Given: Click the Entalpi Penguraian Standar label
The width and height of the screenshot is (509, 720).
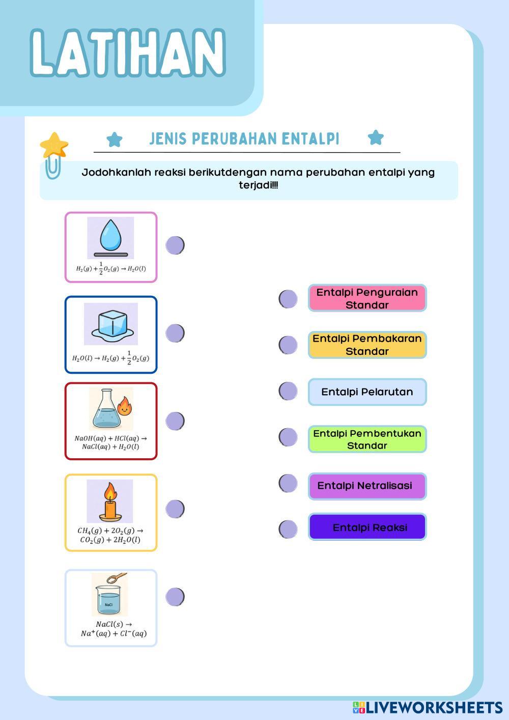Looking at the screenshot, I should pos(367,298).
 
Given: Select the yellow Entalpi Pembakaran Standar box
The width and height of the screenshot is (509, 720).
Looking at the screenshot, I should pos(367,345).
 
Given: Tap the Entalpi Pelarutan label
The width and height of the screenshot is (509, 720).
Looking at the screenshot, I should pos(367,392).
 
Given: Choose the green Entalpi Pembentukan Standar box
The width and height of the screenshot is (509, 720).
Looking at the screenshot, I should pos(367,439).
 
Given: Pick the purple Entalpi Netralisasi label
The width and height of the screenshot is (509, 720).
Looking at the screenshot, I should pos(367,486).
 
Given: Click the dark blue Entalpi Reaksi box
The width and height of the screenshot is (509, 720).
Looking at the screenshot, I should pos(367,527).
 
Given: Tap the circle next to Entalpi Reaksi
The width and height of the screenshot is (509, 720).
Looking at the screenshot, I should pos(288,529).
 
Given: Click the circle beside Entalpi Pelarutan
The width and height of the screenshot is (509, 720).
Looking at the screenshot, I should pos(288,391).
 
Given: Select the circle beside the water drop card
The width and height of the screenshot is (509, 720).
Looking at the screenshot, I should pos(175,245).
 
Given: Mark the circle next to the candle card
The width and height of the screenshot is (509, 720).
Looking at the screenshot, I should pos(175,508).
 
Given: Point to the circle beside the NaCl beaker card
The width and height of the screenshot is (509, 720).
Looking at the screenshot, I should pos(175,596).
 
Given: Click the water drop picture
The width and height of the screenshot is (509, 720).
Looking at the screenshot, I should pos(110,236).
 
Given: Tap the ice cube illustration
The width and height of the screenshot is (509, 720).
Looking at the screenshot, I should pos(111,325).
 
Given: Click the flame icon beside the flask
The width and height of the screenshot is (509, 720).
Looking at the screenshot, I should pos(124,407).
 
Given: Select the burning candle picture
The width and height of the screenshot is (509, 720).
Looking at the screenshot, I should pos(110,501).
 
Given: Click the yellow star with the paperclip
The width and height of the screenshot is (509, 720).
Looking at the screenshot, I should pos(54,146).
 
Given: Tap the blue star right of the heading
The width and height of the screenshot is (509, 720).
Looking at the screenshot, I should pos(376,137).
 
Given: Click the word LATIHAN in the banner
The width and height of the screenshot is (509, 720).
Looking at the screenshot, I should pos(127,52).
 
